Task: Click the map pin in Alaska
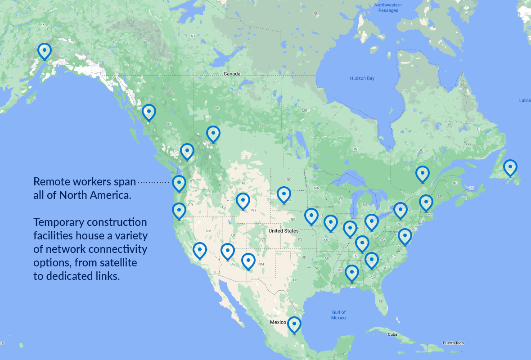coord(45,51)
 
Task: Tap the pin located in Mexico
coord(294,324)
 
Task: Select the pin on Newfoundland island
coord(510,167)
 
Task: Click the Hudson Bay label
coord(362,78)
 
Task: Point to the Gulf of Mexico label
coord(338,315)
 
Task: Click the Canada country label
coord(232,74)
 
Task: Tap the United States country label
coord(283,231)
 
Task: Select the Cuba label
coord(392,334)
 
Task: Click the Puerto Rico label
coord(453,343)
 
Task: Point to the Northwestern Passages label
coord(388,8)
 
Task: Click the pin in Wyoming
coord(243,201)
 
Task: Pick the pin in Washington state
coord(179,183)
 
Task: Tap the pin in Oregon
coord(179,211)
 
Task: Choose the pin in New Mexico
coord(248,261)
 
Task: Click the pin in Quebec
coord(422,174)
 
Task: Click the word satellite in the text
coord(115,262)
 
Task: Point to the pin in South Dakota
coord(283,194)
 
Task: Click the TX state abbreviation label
coord(295,280)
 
